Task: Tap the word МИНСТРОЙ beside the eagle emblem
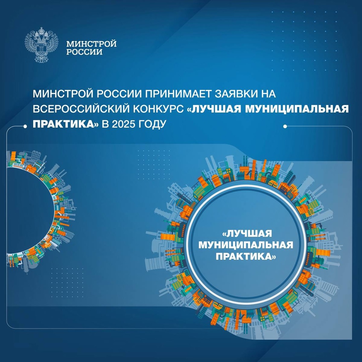click(91, 44)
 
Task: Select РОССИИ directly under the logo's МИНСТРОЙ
click(84, 52)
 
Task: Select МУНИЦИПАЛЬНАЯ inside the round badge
click(246, 245)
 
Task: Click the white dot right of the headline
click(285, 127)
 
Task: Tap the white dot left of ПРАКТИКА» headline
click(26, 127)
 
